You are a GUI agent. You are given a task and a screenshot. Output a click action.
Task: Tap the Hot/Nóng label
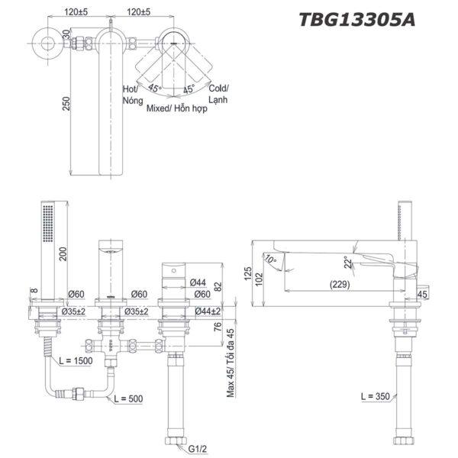coord(131,95)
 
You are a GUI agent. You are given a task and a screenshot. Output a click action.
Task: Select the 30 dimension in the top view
coord(66,35)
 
